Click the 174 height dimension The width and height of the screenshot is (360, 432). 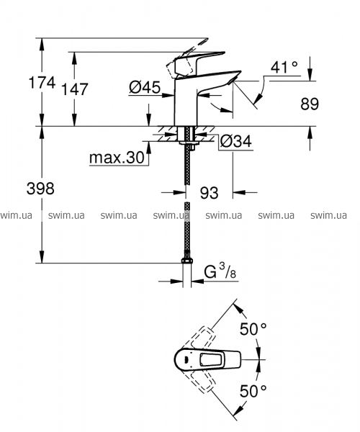pos(42,82)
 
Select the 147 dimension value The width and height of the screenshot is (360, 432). pos(74,89)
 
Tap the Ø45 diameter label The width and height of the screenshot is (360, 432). pos(145,88)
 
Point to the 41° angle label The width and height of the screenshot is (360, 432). pos(284,67)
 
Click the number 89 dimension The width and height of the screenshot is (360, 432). pos(310,104)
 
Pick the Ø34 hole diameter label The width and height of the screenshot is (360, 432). pos(235,142)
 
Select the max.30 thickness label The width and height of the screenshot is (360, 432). pos(117,158)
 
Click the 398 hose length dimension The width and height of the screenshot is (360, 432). pos(40,189)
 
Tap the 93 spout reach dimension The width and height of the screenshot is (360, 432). pos(209,192)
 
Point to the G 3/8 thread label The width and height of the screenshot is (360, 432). pos(220,271)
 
